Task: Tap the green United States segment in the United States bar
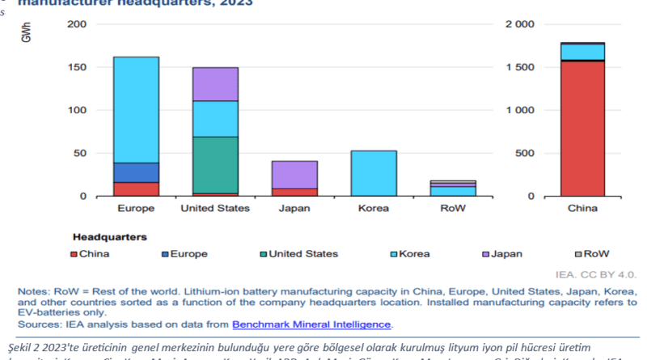(215, 164)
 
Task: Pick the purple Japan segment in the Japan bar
(294, 174)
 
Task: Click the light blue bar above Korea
(374, 173)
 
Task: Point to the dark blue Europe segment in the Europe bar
(136, 172)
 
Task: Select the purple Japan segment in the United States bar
(215, 84)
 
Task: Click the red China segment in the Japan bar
(294, 192)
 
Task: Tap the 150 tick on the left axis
(76, 67)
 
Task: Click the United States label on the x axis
(215, 208)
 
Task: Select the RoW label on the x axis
(453, 208)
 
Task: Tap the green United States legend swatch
(261, 254)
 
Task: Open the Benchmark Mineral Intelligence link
(311, 325)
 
